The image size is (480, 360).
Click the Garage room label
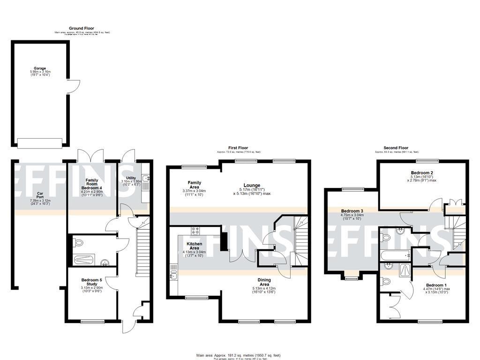(40, 68)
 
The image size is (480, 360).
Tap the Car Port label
(40, 195)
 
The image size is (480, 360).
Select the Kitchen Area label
(194, 246)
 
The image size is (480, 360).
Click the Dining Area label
(264, 282)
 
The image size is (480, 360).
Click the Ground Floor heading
(82, 29)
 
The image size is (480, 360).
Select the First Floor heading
(238, 148)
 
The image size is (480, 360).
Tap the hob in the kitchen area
(195, 231)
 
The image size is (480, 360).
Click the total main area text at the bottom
(239, 355)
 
